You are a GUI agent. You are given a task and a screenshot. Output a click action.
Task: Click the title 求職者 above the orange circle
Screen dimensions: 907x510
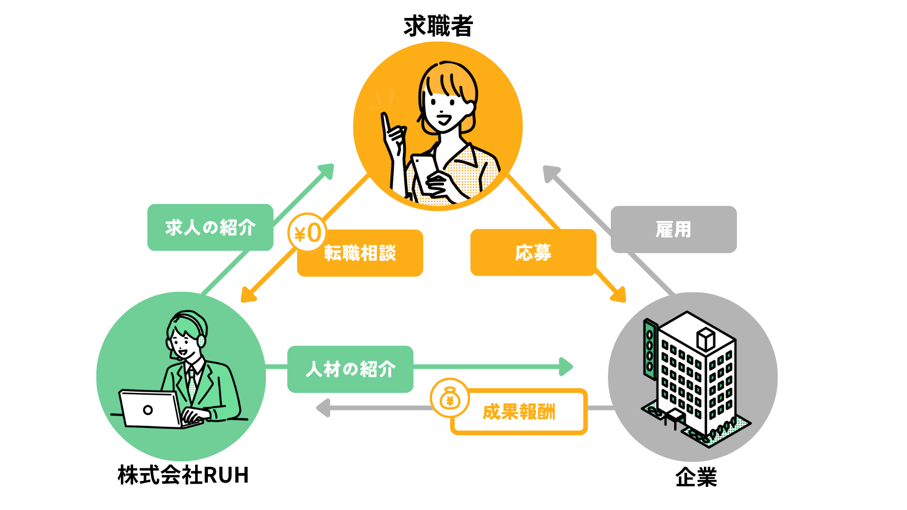pyautogui.click(x=438, y=26)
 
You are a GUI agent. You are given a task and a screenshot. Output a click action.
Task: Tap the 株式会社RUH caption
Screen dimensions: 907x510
pyautogui.click(x=183, y=475)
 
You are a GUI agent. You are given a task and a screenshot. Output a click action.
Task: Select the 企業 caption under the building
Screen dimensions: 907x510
pyautogui.click(x=696, y=477)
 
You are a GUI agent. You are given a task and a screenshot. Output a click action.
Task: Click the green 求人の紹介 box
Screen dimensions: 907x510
pyautogui.click(x=210, y=227)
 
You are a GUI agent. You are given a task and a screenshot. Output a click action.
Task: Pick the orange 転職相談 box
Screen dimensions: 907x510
pyautogui.click(x=360, y=253)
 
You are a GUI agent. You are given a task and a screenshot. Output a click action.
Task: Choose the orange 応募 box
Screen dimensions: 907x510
pyautogui.click(x=533, y=253)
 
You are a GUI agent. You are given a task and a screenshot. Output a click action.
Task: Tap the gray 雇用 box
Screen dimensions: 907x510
pyautogui.click(x=674, y=229)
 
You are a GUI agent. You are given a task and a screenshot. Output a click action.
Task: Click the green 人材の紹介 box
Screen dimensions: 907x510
pyautogui.click(x=350, y=369)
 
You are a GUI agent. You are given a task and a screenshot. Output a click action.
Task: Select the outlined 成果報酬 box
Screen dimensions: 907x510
pyautogui.click(x=519, y=412)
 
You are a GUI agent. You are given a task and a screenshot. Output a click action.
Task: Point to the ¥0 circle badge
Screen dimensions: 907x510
pyautogui.click(x=307, y=233)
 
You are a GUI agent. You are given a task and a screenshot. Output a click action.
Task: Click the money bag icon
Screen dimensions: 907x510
pyautogui.click(x=450, y=398)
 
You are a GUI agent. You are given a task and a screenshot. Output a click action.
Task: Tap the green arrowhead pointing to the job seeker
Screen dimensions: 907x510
pyautogui.click(x=326, y=171)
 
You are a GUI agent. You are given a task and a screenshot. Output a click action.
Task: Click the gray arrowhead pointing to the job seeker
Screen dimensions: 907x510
pyautogui.click(x=551, y=173)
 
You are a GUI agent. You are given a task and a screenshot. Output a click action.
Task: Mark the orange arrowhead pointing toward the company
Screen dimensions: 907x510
pyautogui.click(x=619, y=294)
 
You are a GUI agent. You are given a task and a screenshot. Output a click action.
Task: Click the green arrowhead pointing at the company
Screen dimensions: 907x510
pyautogui.click(x=566, y=366)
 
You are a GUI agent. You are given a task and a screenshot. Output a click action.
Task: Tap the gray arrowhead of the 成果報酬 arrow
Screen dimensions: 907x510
pyautogui.click(x=323, y=408)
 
